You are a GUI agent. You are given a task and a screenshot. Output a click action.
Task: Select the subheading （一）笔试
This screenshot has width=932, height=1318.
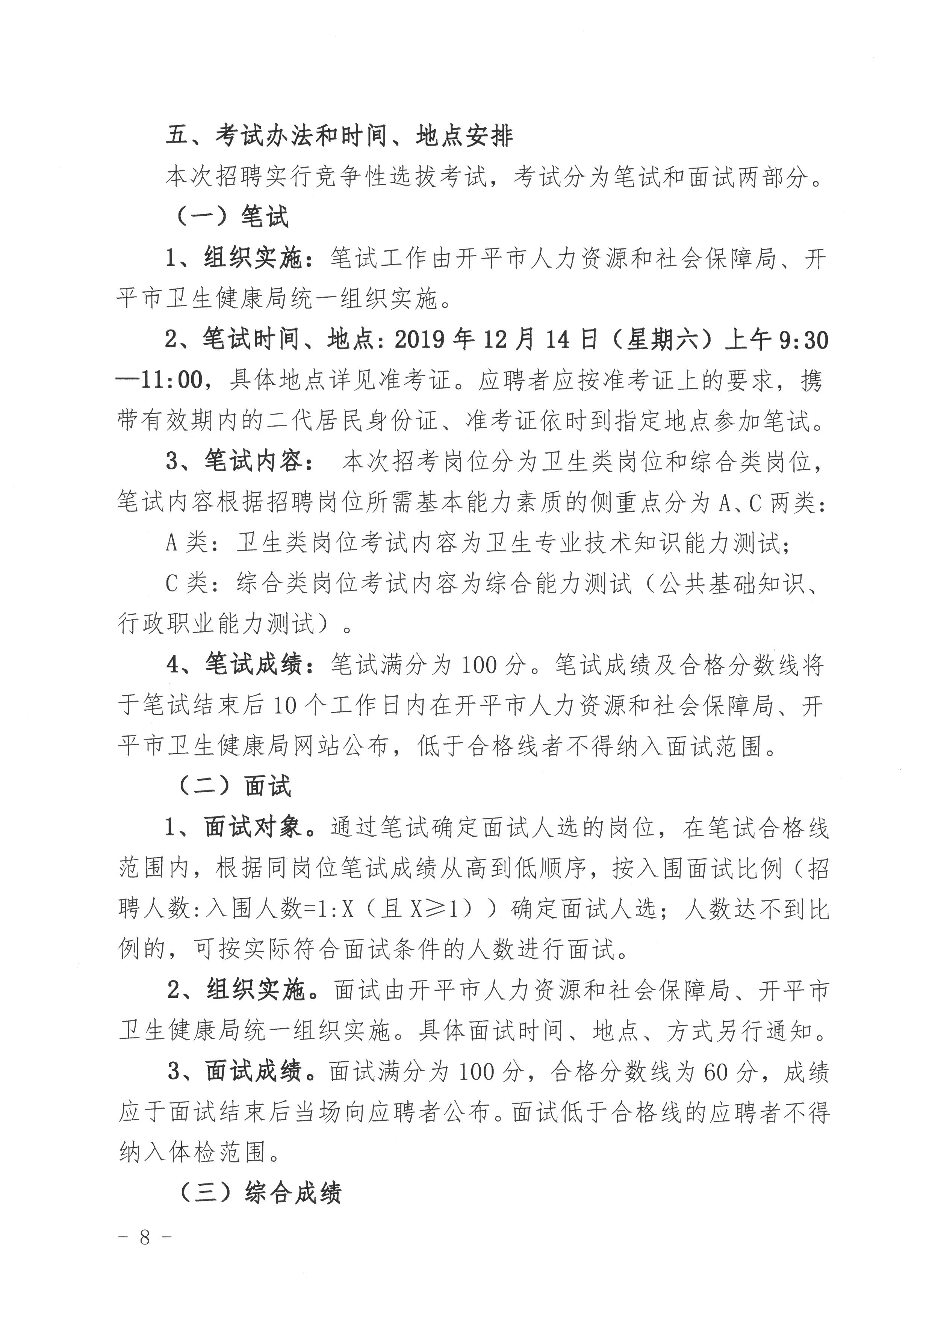[231, 217]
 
